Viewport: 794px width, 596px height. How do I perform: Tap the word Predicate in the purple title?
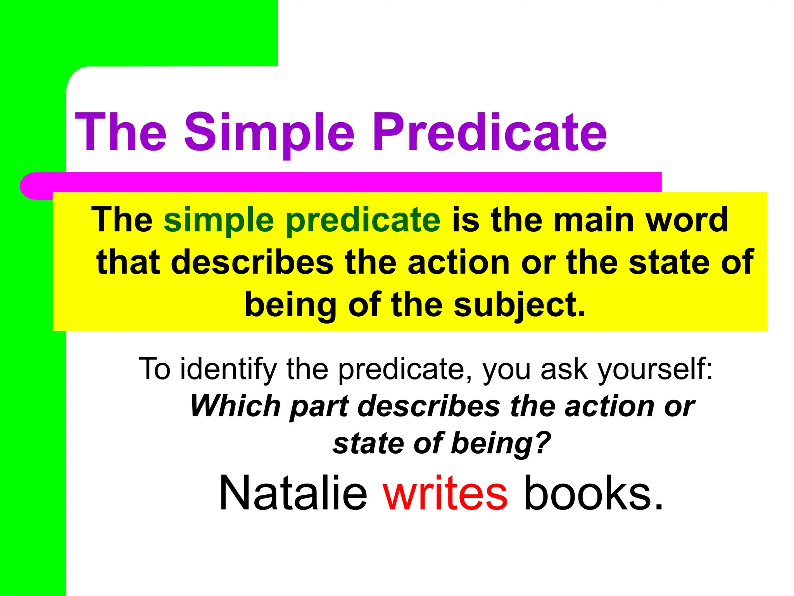489,132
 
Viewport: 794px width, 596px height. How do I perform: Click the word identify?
228,369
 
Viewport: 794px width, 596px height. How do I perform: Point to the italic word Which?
235,406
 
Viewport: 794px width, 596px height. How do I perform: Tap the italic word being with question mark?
501,444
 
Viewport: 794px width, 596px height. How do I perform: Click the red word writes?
445,494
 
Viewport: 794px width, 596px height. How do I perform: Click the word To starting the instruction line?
155,369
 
